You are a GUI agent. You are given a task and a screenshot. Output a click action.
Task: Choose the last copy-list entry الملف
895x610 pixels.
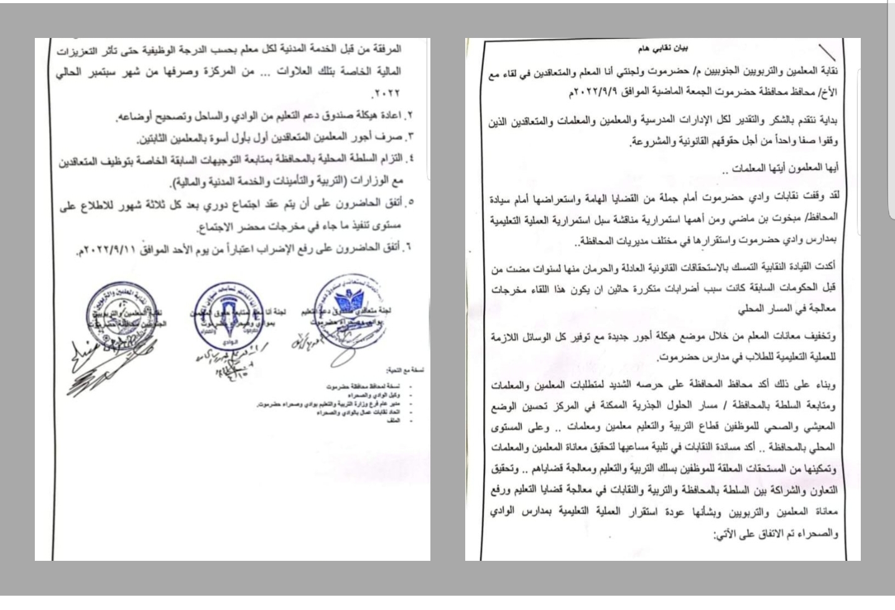408,421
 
